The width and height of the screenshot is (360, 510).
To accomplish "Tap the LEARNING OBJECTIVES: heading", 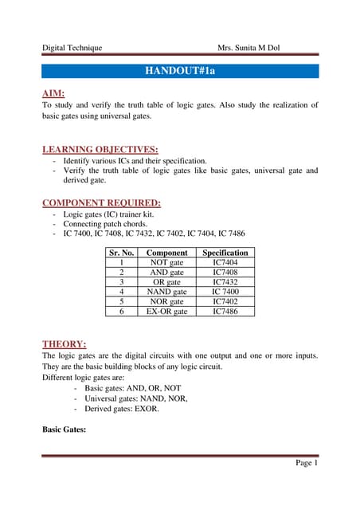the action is (99, 148).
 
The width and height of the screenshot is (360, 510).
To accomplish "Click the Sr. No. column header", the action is (121, 253).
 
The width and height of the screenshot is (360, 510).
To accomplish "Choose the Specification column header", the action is (225, 253).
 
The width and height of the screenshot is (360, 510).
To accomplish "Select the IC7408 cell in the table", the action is (225, 272).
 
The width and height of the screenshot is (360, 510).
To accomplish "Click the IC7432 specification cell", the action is (225, 282).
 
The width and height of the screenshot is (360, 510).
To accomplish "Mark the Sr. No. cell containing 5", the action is (121, 302).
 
